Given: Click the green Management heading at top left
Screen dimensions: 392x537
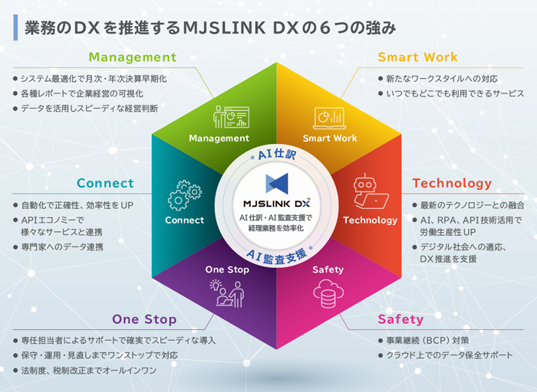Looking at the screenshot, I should pyautogui.click(x=132, y=57).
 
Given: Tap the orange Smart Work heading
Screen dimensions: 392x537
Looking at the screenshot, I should pyautogui.click(x=417, y=57).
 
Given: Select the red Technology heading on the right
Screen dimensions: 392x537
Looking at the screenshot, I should pyautogui.click(x=452, y=184).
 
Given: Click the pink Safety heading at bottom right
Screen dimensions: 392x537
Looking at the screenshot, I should pyautogui.click(x=400, y=319).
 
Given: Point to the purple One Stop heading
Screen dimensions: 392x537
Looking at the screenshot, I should pyautogui.click(x=144, y=319).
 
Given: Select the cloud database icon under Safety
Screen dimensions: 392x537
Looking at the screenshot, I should pyautogui.click(x=328, y=292).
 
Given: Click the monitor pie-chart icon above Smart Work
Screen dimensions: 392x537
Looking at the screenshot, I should pyautogui.click(x=329, y=117).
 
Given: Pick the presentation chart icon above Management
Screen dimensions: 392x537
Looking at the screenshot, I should pyautogui.click(x=229, y=116).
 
